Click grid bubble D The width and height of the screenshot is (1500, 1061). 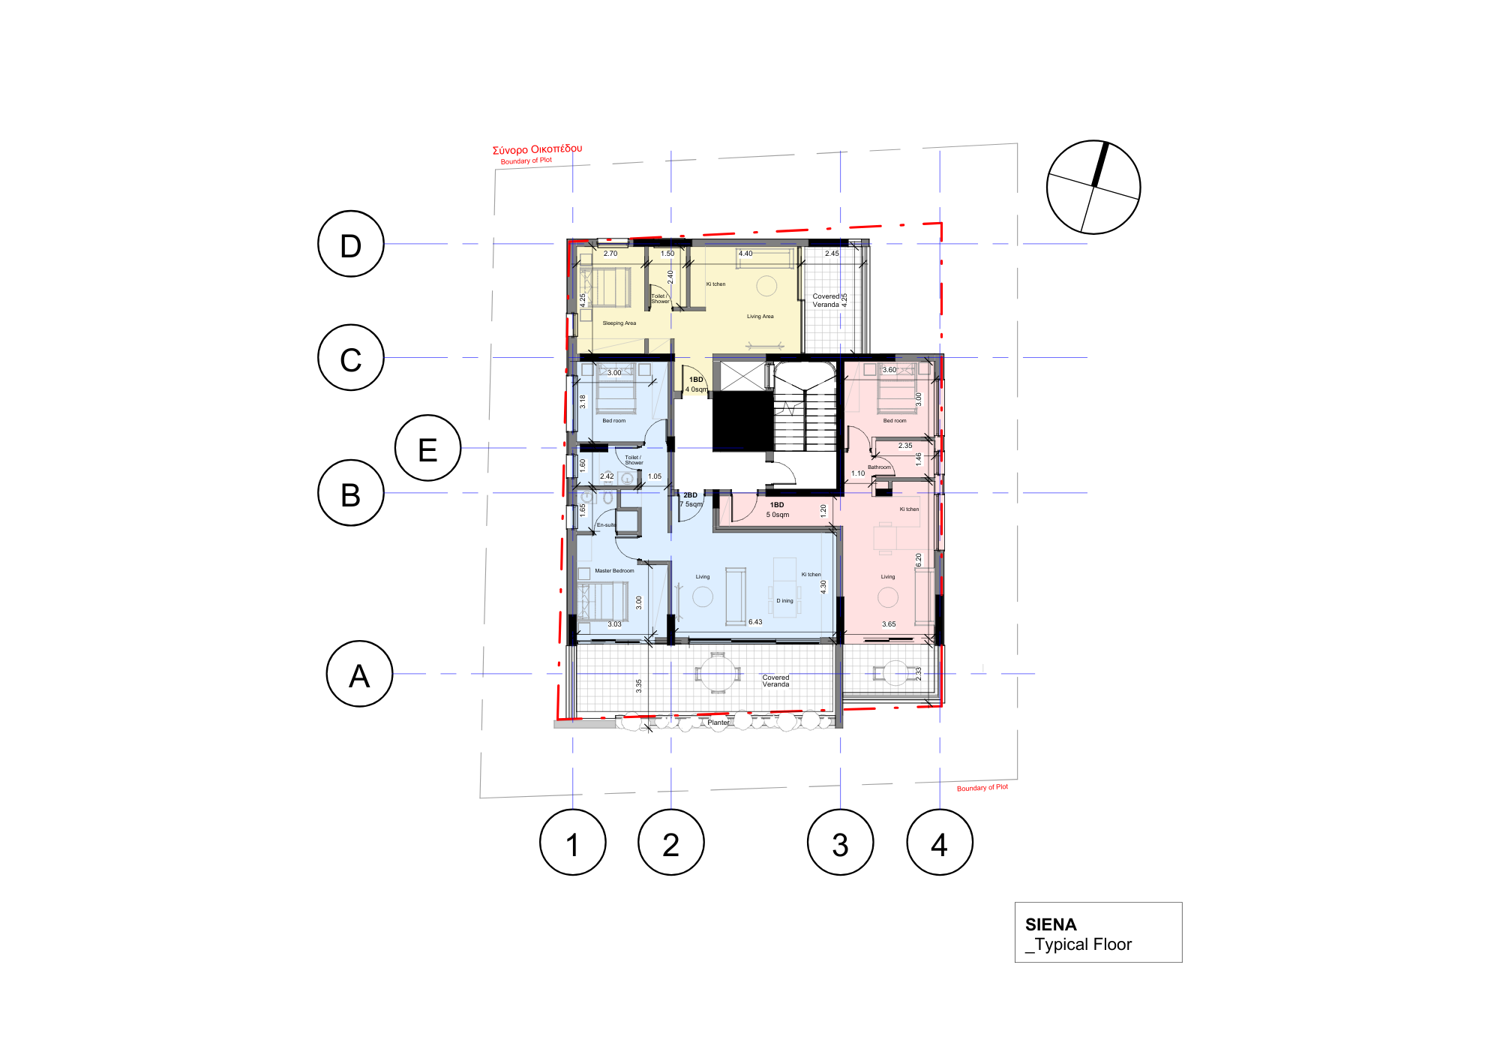tap(351, 244)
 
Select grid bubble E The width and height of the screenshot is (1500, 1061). tap(427, 448)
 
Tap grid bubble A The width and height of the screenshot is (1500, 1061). tap(359, 674)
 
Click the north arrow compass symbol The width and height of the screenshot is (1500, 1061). tap(1093, 187)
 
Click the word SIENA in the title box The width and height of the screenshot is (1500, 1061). tap(1050, 924)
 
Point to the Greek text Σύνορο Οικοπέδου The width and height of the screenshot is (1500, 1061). tap(537, 149)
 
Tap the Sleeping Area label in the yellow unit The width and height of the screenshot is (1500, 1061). tap(619, 323)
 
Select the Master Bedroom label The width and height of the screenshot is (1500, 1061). tap(614, 571)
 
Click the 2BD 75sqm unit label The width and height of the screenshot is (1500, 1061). tap(691, 500)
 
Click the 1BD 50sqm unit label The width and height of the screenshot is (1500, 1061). tap(777, 509)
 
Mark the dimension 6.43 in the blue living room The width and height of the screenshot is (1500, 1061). tap(754, 622)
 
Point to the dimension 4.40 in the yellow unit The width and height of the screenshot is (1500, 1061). tap(745, 254)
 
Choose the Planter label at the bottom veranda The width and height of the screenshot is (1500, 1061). tap(718, 723)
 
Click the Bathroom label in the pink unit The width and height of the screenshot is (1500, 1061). tap(879, 467)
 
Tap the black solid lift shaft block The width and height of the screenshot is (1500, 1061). tap(742, 420)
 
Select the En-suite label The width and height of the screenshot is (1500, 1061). tap(606, 525)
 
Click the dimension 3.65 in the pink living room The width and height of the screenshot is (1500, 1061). tap(888, 624)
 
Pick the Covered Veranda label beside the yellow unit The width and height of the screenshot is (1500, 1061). tap(826, 300)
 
